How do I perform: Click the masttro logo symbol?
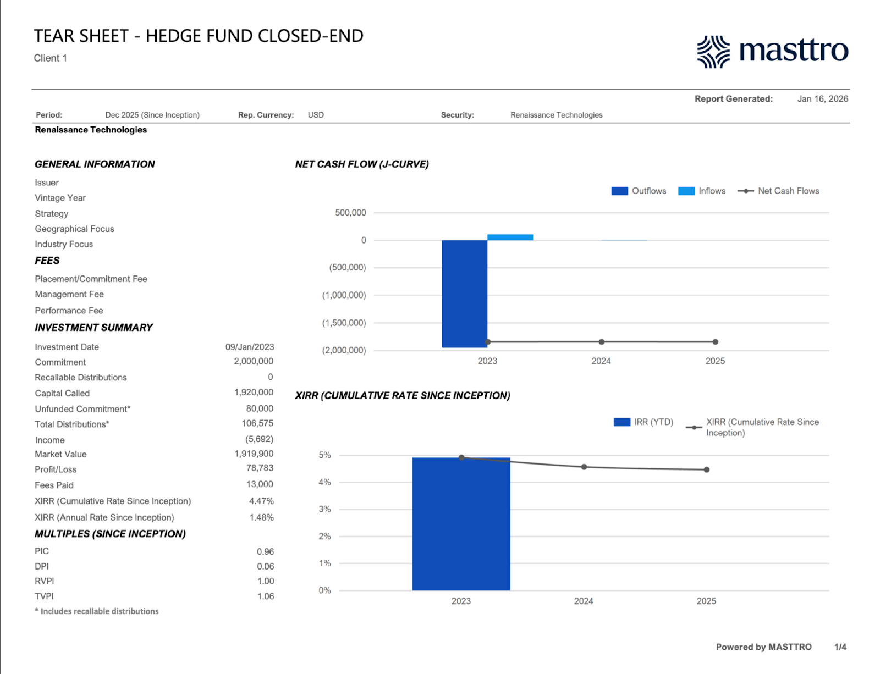click(713, 52)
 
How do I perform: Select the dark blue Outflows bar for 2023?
click(464, 294)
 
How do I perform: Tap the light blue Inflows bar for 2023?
click(510, 237)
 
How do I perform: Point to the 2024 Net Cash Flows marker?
click(602, 342)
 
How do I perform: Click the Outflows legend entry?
click(639, 191)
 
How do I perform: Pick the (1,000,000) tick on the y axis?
click(344, 295)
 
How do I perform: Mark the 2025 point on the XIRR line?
click(707, 469)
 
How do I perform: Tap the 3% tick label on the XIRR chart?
click(324, 509)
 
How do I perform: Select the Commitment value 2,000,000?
click(254, 361)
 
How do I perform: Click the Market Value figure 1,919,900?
click(254, 454)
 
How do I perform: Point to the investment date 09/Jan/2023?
click(250, 347)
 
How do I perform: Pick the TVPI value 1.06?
click(266, 596)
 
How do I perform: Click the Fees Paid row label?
click(54, 485)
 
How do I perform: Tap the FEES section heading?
click(47, 261)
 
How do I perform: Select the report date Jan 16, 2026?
click(822, 99)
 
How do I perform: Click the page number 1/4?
click(840, 647)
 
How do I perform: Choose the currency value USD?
click(316, 115)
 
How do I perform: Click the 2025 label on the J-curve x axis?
click(715, 361)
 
